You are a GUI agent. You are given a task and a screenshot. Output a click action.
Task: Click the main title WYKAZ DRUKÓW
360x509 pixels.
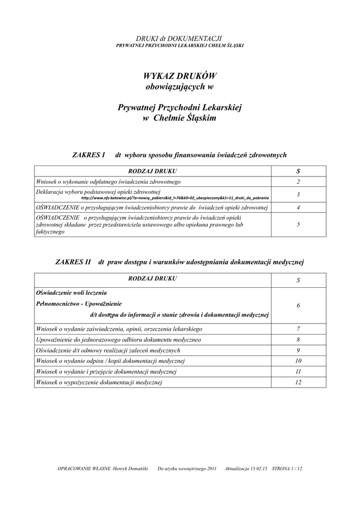180,76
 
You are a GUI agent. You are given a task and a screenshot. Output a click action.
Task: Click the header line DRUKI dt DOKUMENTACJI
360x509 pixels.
180,38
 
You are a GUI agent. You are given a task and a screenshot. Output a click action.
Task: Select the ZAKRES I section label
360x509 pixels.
89,155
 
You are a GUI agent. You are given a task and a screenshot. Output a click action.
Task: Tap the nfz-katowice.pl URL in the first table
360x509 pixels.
172,197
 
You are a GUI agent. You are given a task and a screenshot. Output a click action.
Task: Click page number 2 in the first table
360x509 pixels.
298,182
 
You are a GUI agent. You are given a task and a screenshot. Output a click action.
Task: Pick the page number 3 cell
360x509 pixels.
298,194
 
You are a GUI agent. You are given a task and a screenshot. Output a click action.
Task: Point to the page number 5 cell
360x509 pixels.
298,225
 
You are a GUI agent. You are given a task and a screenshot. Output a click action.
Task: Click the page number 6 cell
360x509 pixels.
298,305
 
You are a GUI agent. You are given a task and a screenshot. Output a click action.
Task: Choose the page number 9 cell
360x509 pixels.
298,350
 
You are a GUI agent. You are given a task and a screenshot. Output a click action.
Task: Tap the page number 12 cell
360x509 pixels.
298,382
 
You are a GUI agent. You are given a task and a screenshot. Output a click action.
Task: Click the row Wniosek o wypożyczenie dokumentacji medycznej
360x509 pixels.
99,382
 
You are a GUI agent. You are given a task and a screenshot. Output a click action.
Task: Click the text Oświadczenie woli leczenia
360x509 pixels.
72,292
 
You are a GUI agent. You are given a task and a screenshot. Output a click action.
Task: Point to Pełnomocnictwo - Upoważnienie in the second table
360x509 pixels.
79,303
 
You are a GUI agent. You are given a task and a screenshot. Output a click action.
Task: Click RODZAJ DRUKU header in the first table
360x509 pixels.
153,171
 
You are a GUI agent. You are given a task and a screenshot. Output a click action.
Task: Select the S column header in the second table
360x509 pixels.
298,280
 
